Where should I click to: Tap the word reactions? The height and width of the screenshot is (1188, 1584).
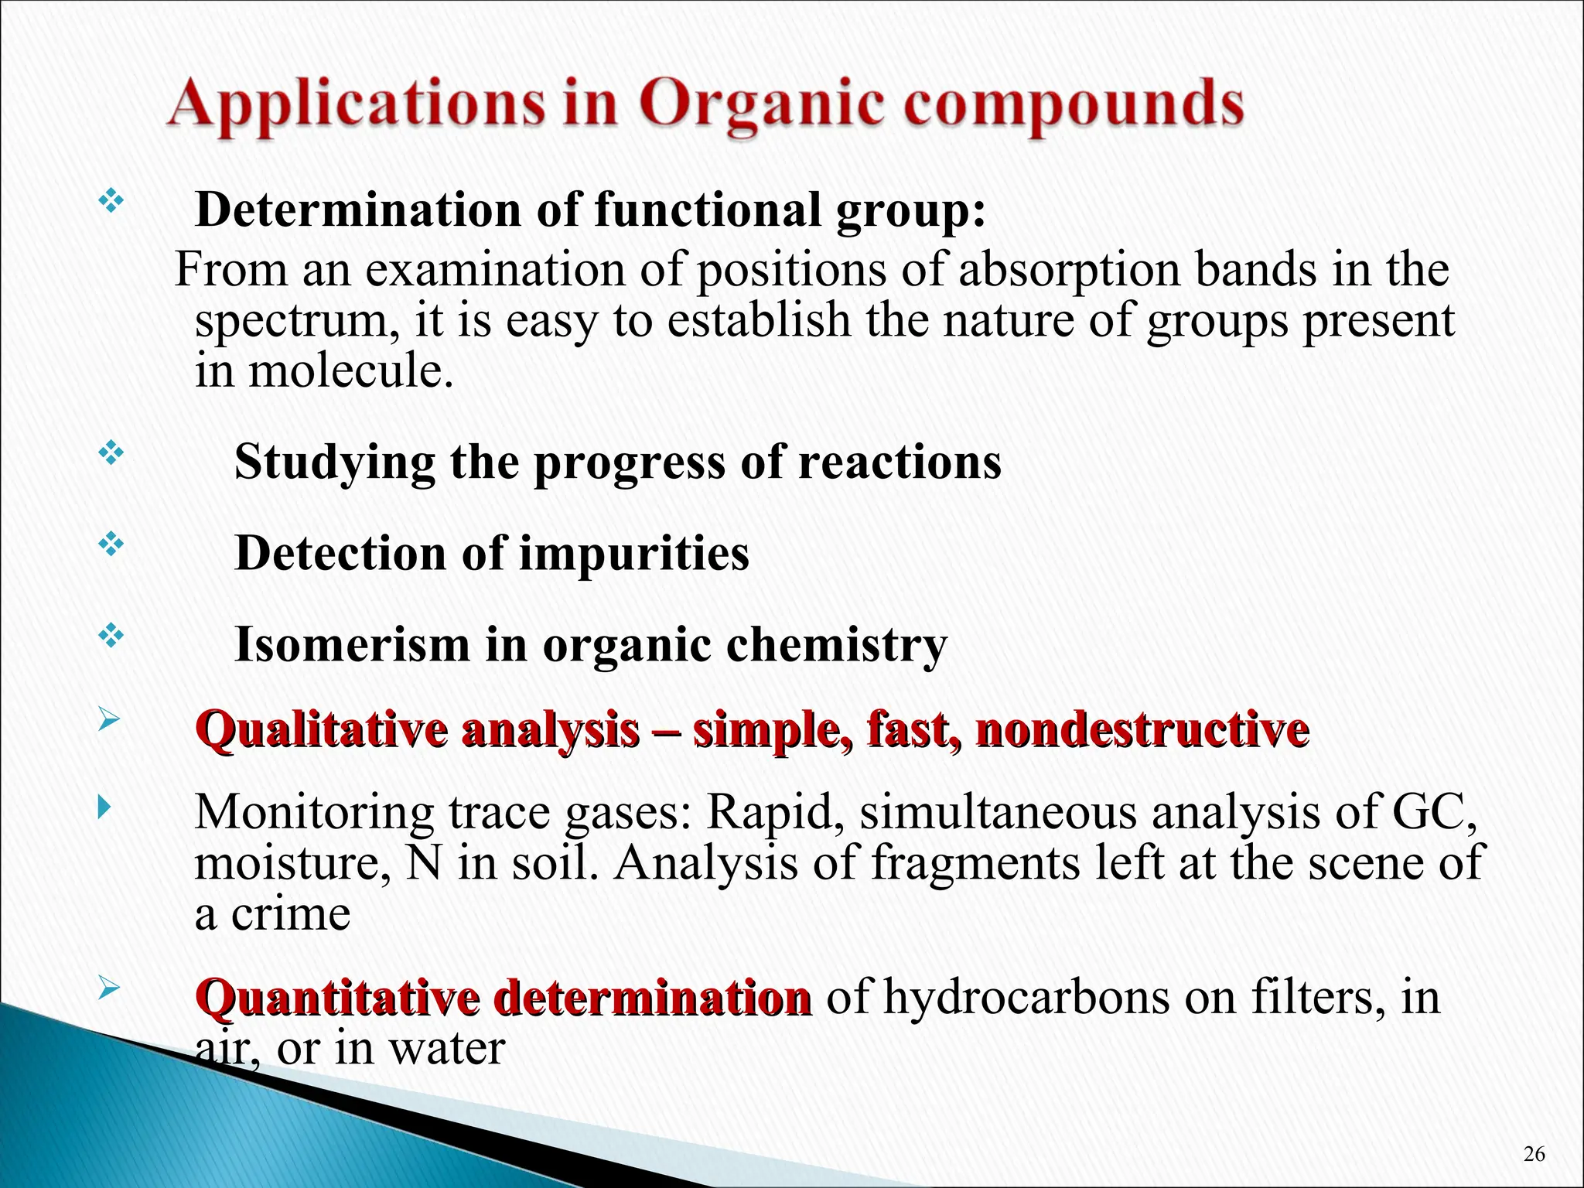900,463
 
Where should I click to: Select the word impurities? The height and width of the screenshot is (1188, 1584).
633,554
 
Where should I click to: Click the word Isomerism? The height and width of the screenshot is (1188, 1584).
352,644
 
